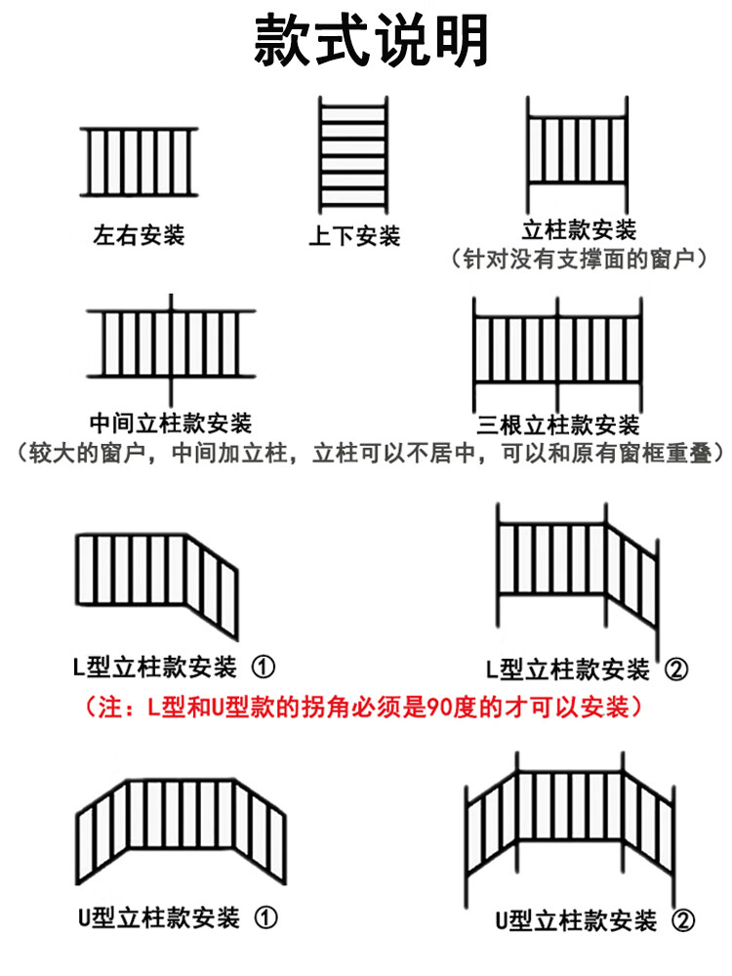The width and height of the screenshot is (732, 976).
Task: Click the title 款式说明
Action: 371,40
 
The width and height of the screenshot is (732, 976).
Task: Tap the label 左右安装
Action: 139,235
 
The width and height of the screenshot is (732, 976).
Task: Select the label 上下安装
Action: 354,236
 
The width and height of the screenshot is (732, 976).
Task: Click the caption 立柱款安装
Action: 579,229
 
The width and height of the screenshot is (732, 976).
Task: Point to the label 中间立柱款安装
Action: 171,424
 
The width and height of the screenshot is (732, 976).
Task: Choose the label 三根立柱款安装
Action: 558,426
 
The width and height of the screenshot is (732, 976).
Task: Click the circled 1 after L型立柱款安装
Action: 264,667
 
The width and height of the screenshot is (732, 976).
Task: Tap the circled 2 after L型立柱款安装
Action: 676,670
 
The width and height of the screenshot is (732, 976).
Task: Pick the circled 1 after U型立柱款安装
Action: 265,917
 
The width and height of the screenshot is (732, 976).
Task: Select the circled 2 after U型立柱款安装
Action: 683,920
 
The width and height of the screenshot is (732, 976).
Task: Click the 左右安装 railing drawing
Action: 139,162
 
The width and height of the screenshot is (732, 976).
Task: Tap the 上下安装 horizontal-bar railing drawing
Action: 353,155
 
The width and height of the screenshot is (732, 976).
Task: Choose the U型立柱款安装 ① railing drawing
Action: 182,832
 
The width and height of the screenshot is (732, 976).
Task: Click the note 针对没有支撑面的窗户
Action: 579,259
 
